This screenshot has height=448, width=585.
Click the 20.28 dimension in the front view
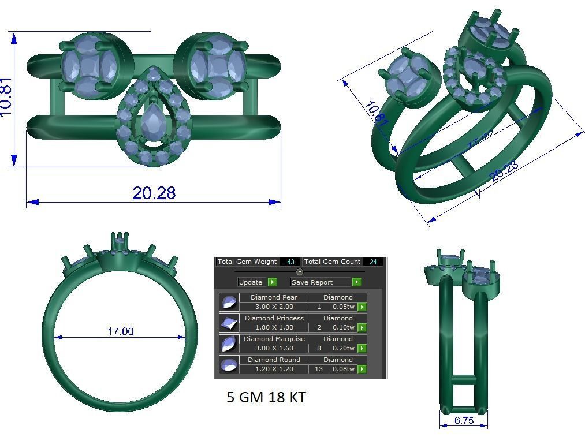tap(154, 193)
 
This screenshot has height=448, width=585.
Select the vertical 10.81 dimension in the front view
tap(6, 96)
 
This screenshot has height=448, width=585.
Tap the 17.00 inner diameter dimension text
tap(120, 331)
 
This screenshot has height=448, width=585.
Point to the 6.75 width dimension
tap(464, 421)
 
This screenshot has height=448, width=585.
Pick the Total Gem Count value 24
tap(373, 262)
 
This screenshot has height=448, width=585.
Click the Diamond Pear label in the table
tap(274, 298)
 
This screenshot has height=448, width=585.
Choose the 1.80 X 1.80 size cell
tap(274, 327)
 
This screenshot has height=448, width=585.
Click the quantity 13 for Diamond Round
tap(319, 369)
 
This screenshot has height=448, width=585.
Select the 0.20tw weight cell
tap(343, 348)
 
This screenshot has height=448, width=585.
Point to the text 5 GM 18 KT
tap(266, 397)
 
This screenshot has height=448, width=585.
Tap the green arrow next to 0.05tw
tap(362, 307)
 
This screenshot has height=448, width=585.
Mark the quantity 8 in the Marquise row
tap(319, 348)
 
